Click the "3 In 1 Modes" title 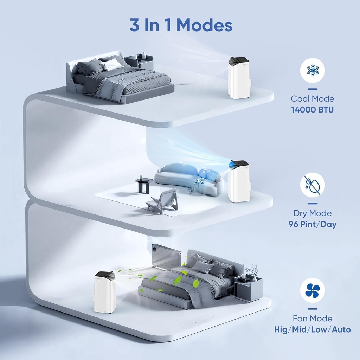[x=181, y=26]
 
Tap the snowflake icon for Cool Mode [x=312, y=71]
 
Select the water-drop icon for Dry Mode [x=312, y=185]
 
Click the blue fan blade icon [x=312, y=290]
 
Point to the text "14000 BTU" [x=312, y=110]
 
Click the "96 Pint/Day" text [x=312, y=224]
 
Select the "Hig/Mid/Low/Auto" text [x=312, y=329]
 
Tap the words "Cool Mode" [x=312, y=99]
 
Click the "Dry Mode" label [x=312, y=213]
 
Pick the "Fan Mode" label [x=312, y=319]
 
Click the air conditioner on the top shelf [x=239, y=78]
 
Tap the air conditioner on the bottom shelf [x=105, y=292]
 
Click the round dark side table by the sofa [x=144, y=185]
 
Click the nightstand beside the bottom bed [x=248, y=288]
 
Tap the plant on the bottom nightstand [x=253, y=271]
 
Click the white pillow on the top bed [x=112, y=64]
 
